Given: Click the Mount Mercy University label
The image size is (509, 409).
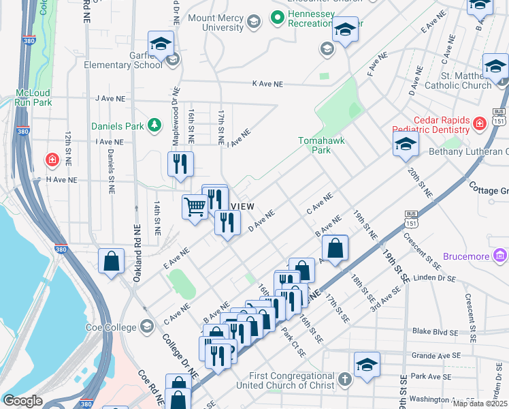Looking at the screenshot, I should tap(215, 22).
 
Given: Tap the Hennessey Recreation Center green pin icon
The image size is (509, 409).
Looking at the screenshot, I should tap(277, 16).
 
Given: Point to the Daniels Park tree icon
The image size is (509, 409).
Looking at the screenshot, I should tap(156, 125).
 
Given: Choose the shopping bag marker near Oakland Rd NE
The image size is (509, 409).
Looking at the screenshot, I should tap(112, 261).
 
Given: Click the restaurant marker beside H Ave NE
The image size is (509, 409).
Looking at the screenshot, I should tap(180, 164).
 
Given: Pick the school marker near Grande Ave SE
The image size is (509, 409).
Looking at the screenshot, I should tap(367, 364).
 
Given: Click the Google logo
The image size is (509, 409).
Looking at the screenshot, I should tap(22, 401).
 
